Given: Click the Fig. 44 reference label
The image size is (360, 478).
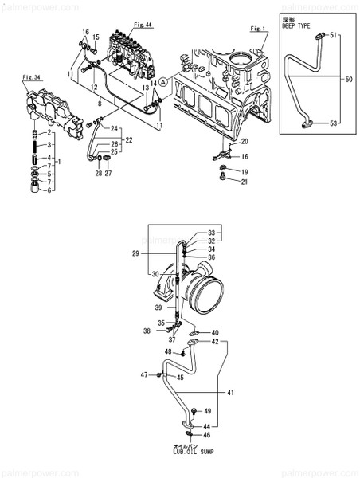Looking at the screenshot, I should coord(143,25).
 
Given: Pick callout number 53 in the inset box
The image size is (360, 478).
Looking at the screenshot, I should coord(335,124).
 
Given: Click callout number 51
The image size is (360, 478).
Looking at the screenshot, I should coord(335,35).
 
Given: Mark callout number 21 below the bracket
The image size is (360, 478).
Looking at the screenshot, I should coord(245,182).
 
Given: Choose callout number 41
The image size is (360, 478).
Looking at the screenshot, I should coord(232,393).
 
